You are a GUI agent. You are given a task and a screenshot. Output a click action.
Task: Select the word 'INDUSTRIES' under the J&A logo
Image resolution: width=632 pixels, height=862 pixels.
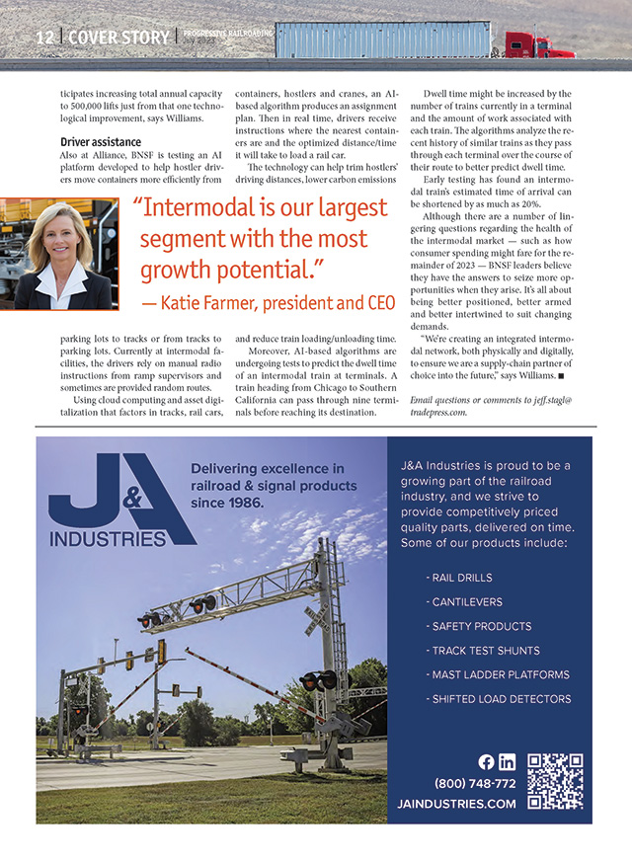point(109,539)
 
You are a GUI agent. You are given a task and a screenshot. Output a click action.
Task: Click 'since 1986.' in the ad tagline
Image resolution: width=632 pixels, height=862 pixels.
point(227,502)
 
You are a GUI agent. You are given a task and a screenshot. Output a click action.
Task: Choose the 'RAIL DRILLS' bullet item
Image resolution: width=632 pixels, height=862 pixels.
point(458,578)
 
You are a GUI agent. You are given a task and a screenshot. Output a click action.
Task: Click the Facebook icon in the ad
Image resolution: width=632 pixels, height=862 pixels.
point(486,761)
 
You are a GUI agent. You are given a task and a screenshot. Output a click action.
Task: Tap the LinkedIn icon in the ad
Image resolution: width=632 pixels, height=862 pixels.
point(507,761)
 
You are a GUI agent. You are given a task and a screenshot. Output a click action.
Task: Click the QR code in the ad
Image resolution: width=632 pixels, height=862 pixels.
point(554,781)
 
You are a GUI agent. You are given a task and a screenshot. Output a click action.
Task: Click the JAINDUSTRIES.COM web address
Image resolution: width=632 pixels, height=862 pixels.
point(456,804)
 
